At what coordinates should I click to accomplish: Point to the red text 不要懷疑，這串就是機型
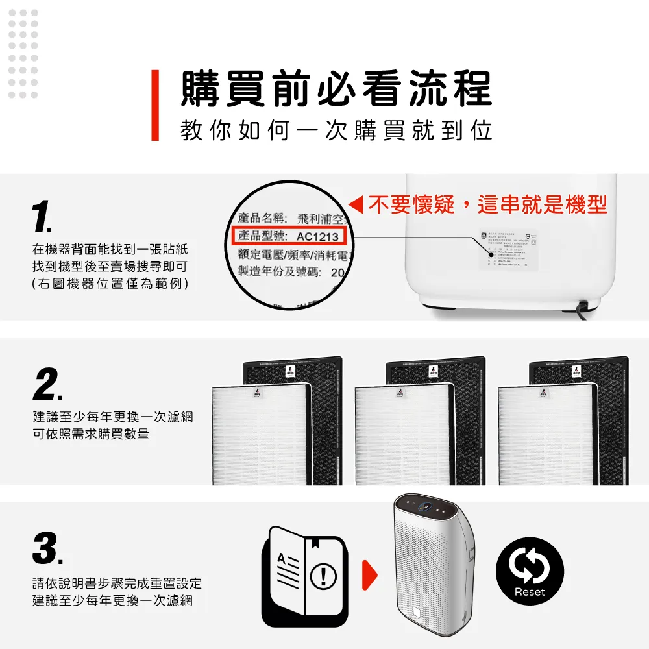pyautogui.click(x=487, y=205)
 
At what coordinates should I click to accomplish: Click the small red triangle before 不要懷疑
pyautogui.click(x=355, y=206)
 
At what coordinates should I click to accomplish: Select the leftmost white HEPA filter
pyautogui.click(x=262, y=435)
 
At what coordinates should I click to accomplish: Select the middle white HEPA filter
pyautogui.click(x=405, y=435)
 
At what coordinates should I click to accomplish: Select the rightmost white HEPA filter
pyautogui.click(x=548, y=435)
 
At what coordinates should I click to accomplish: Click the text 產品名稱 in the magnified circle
pyautogui.click(x=260, y=217)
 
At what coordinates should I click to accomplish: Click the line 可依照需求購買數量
pyautogui.click(x=91, y=434)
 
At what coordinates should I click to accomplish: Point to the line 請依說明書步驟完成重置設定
pyautogui.click(x=117, y=583)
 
